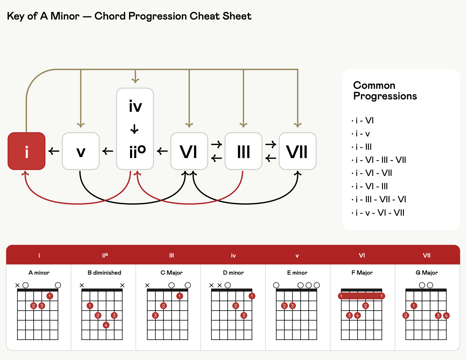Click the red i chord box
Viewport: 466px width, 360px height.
tap(26, 151)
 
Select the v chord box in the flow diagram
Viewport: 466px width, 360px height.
tap(81, 151)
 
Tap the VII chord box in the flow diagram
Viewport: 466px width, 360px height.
tap(298, 151)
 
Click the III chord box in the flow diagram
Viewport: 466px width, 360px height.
tap(243, 151)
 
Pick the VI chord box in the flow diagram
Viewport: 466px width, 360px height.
tap(189, 151)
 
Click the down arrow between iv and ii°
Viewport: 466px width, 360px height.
tap(135, 129)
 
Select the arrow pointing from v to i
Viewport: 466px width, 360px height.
tap(54, 151)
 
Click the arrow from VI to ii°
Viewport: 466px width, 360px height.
tap(162, 151)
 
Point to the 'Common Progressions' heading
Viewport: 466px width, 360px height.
tap(385, 91)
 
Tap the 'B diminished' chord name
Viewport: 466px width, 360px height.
tap(104, 273)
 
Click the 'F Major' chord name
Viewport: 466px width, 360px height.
tap(362, 273)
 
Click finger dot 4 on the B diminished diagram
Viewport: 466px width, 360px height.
tap(106, 325)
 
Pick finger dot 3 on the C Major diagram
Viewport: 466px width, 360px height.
tap(155, 315)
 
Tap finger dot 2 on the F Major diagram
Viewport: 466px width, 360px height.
tap(365, 305)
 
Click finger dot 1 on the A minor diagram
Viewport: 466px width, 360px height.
tap(49, 296)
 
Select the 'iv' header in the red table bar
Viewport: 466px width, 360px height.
tap(233, 255)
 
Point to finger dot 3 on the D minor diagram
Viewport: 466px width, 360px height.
tap(244, 315)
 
